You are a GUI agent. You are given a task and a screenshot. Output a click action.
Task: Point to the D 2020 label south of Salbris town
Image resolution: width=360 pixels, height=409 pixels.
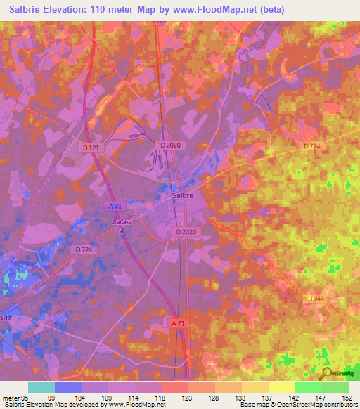click(187, 231)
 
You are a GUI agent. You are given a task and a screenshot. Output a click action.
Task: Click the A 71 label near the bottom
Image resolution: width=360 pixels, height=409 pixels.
click(179, 323)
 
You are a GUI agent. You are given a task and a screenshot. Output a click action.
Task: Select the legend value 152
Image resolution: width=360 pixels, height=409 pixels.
click(346, 397)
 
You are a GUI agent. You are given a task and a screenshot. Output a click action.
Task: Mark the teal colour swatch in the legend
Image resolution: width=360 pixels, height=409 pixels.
click(41, 387)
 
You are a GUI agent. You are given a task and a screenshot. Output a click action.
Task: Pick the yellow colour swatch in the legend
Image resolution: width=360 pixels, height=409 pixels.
click(281, 387)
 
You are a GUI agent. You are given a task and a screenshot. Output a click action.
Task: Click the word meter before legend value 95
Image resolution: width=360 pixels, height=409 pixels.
click(11, 397)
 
